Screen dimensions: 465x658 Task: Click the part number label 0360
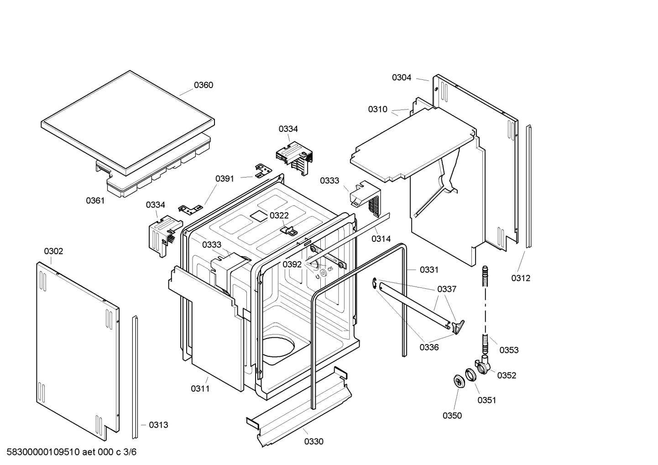point(203,85)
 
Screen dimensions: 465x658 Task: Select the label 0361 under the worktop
point(95,201)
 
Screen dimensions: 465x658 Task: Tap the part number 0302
point(53,251)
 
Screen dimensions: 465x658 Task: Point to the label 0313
point(158,425)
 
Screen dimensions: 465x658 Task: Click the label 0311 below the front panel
point(200,389)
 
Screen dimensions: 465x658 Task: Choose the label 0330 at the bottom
point(313,442)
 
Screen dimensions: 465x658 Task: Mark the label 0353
point(509,350)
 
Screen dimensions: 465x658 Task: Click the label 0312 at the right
point(521,278)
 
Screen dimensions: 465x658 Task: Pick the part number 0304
point(402,78)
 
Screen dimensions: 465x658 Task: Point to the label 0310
point(377,110)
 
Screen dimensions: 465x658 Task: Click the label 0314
point(381,239)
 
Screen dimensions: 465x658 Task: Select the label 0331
point(428,270)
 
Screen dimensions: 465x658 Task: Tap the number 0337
point(446,289)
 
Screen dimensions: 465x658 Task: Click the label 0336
point(429,348)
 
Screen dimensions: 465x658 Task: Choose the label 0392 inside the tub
point(292,265)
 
